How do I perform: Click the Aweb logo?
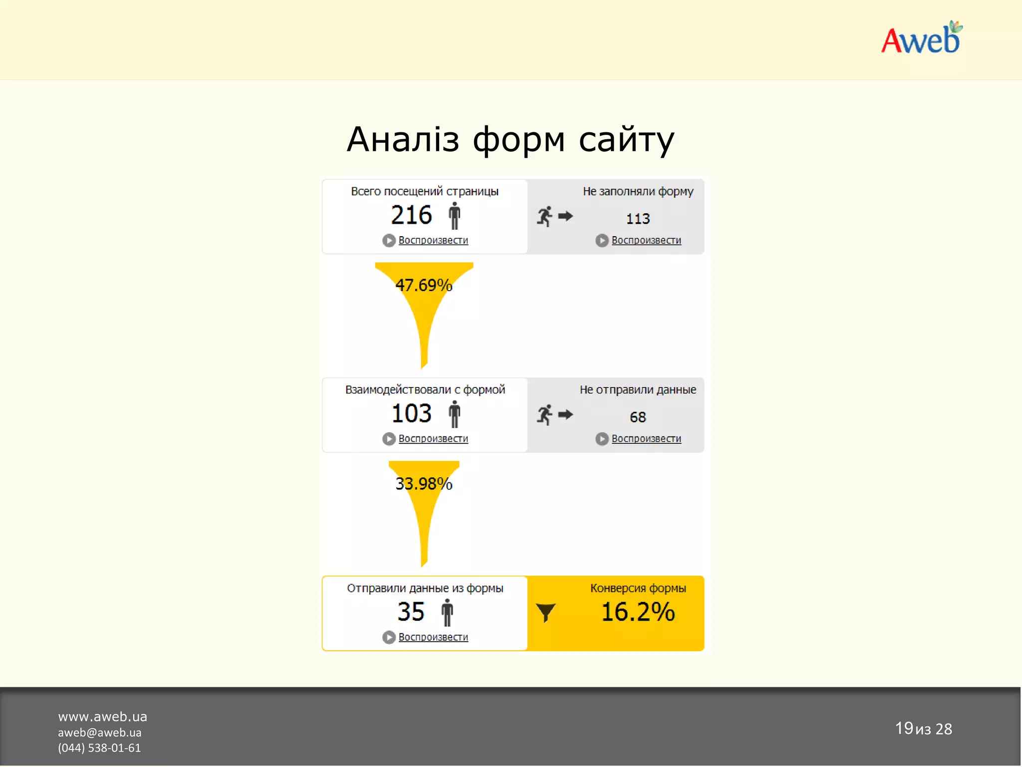[x=921, y=38]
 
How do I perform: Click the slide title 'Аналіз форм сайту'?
[x=510, y=139]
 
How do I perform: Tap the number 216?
[x=411, y=215]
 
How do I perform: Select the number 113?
[x=638, y=219]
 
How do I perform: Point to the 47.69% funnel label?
[x=424, y=285]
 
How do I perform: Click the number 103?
[x=411, y=413]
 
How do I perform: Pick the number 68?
[x=638, y=417]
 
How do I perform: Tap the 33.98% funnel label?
[x=424, y=483]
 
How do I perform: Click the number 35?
[x=411, y=612]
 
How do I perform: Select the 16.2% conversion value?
[x=638, y=612]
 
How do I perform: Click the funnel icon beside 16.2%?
[x=545, y=612]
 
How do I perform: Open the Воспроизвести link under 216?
[x=433, y=240]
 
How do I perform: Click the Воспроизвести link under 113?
[x=646, y=240]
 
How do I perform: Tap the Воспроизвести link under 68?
[x=646, y=438]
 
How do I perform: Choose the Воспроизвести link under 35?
[x=433, y=637]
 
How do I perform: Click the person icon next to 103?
[x=454, y=414]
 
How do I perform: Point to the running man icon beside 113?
[x=545, y=216]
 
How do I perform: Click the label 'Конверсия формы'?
[x=638, y=588]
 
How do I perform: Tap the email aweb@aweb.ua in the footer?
[x=100, y=733]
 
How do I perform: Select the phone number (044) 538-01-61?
[x=99, y=748]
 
